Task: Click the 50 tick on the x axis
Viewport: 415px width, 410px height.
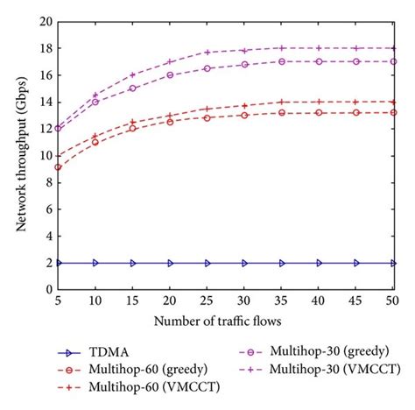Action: [x=393, y=300]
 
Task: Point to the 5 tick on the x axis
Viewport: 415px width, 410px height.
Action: [x=58, y=300]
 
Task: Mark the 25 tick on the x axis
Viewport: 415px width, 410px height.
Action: [x=207, y=300]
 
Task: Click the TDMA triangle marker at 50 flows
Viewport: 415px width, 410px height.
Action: [x=393, y=263]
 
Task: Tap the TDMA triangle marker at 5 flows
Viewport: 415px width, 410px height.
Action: [x=58, y=263]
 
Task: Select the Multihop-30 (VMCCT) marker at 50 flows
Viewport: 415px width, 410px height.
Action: [x=393, y=48]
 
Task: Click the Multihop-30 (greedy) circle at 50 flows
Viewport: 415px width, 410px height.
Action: [x=393, y=61]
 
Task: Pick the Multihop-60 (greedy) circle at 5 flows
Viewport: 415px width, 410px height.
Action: [x=58, y=166]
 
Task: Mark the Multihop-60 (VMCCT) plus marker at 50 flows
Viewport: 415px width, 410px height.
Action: [x=393, y=102]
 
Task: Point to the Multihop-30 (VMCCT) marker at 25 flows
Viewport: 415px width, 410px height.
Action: [x=207, y=53]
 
